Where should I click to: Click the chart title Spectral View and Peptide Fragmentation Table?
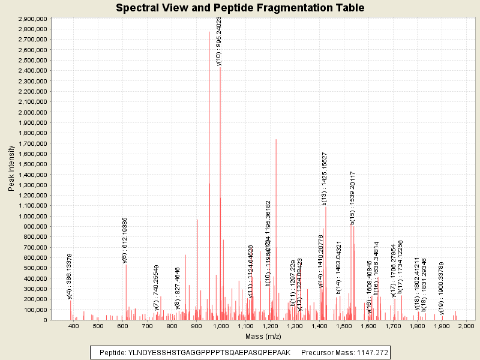tap(240, 8)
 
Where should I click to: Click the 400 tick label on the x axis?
tap(74, 326)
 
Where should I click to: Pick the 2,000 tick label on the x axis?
tap(466, 326)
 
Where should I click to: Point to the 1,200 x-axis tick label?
tap(270, 326)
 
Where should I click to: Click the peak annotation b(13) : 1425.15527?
tap(324, 179)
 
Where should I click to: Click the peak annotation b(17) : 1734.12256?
tap(400, 267)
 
